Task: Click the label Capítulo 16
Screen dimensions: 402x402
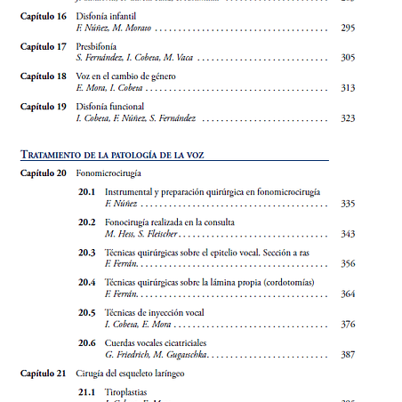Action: point(43,16)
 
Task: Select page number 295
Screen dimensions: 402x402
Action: point(348,28)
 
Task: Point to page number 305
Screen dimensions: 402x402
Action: point(348,58)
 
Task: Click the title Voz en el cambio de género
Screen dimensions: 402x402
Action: point(126,76)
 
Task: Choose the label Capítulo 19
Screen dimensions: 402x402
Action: point(43,106)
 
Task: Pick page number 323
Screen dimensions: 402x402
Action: point(348,118)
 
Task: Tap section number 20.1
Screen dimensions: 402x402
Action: point(86,192)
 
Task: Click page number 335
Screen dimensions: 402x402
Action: point(348,204)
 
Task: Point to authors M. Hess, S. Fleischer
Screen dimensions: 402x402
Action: point(142,234)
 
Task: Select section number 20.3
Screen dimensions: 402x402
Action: point(86,253)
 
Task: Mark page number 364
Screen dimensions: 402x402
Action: point(348,293)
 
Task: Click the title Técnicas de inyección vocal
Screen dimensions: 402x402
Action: point(154,312)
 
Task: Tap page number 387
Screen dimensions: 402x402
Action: point(348,354)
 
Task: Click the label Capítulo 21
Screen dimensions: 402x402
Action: point(43,373)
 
